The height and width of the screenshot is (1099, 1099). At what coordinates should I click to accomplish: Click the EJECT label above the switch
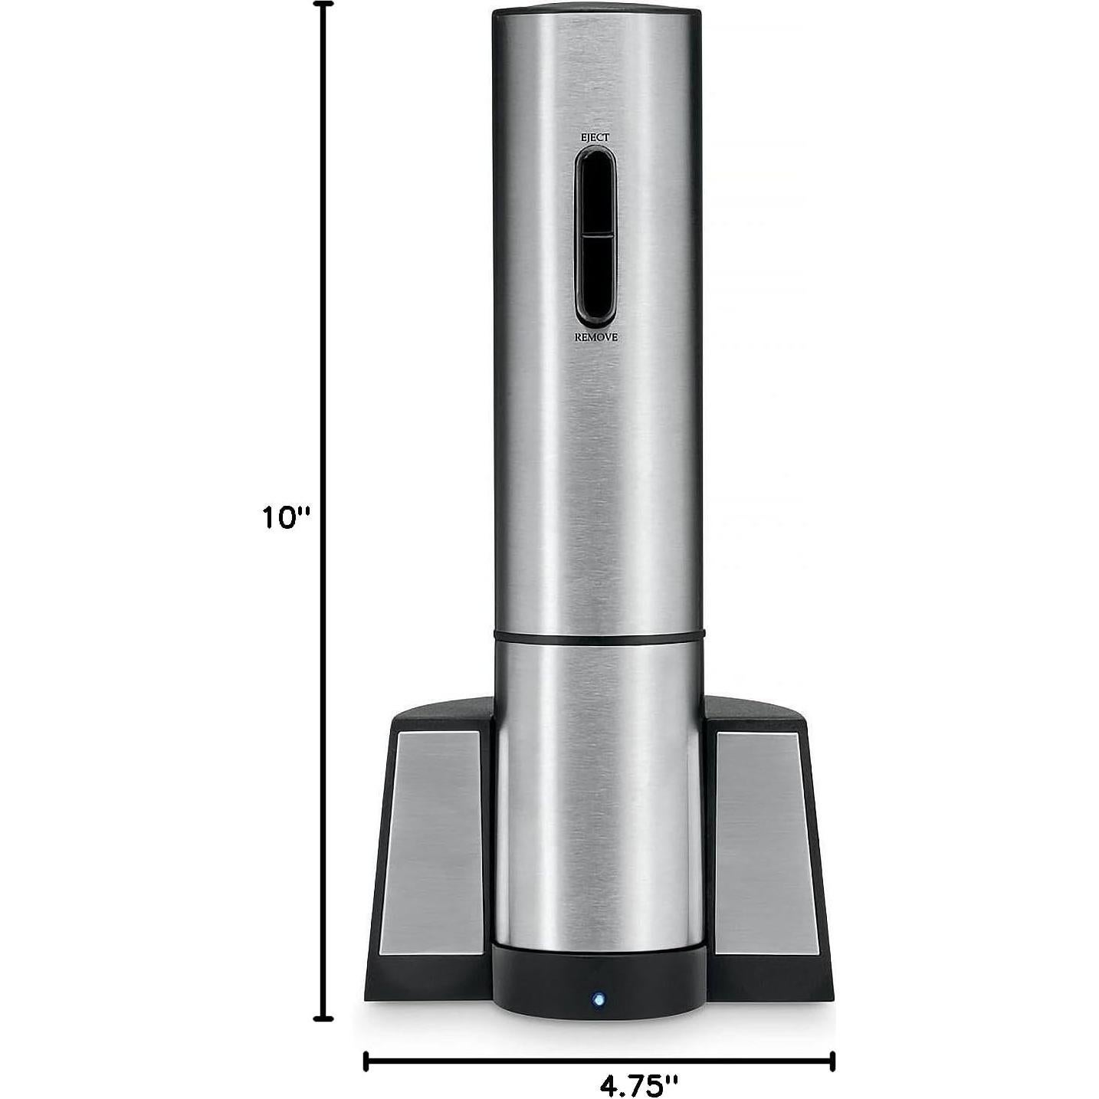[595, 136]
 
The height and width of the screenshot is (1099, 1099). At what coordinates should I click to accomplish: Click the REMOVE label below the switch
[595, 337]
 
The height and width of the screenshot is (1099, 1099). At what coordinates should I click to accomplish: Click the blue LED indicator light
[598, 999]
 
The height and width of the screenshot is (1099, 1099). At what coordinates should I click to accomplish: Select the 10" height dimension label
[284, 518]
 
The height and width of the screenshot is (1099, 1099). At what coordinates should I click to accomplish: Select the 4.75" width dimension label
[638, 1085]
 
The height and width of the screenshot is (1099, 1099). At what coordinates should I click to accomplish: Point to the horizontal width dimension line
[536, 1061]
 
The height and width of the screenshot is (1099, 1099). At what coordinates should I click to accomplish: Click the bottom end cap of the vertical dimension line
[324, 1019]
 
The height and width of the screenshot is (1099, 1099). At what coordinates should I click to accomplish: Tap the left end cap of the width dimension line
[366, 1061]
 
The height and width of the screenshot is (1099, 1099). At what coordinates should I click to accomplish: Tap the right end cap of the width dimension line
[832, 1061]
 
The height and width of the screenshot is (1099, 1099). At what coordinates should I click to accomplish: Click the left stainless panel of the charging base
[433, 843]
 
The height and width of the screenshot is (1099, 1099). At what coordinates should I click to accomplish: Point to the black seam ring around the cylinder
[599, 636]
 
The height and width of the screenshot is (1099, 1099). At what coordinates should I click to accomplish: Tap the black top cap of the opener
[595, 13]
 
